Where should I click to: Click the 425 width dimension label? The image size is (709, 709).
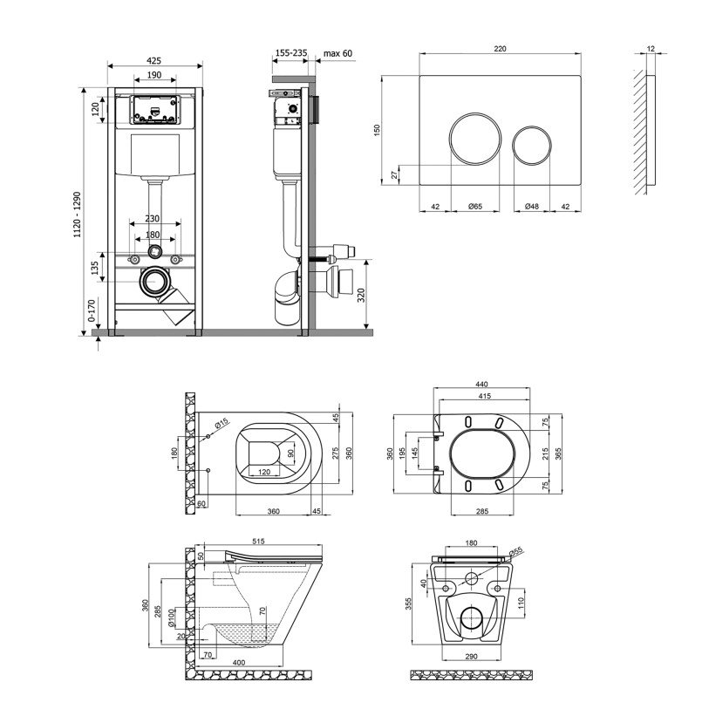[x=153, y=60]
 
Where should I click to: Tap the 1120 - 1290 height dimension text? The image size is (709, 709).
[x=78, y=215]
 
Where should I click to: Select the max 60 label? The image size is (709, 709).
[x=337, y=53]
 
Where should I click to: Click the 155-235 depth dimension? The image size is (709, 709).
[x=291, y=53]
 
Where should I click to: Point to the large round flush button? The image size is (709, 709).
[x=475, y=139]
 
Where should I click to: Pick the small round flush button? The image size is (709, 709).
[x=532, y=146]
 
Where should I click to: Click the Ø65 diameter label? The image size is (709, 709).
[x=475, y=206]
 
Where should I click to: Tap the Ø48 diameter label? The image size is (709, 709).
[x=532, y=206]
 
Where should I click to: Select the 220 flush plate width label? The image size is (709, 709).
[x=500, y=48]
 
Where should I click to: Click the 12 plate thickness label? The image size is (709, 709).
[x=651, y=48]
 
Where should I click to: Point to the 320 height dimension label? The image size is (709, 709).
[x=361, y=295]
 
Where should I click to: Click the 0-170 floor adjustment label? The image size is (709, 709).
[x=92, y=310]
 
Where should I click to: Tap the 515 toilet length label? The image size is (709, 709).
[x=258, y=541]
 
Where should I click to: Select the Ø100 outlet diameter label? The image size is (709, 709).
[x=172, y=617]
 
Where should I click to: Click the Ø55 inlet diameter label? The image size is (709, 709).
[x=515, y=552]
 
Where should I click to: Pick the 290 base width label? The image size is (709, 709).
[x=471, y=656]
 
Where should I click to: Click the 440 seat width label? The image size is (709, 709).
[x=482, y=384]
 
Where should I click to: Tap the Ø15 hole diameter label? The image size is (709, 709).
[x=222, y=424]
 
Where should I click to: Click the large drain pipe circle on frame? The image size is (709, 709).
[x=154, y=282]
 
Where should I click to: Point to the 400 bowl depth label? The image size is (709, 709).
[x=239, y=663]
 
